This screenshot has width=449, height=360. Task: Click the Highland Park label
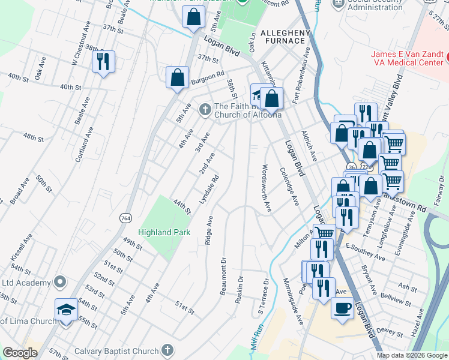(164, 232)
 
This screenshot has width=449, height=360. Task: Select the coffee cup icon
(342, 308)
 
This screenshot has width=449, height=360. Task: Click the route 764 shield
(125, 217)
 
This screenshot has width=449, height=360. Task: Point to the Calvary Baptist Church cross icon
(167, 350)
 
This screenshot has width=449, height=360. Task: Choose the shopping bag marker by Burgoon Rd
(178, 78)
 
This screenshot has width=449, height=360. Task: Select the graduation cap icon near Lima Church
(66, 309)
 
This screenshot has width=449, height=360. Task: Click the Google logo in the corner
(20, 353)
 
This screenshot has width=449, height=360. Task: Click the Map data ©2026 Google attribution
(411, 355)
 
